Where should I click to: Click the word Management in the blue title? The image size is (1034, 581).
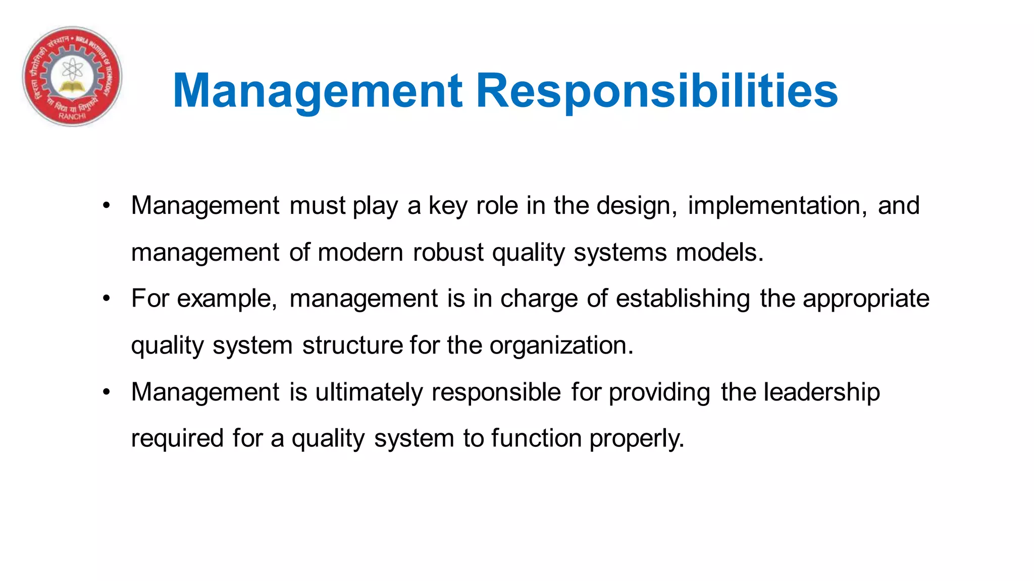tap(317, 91)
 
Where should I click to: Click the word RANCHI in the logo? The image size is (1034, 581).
tap(72, 116)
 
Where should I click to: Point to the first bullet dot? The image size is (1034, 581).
tap(106, 206)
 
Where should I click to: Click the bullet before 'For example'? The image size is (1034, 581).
tap(106, 299)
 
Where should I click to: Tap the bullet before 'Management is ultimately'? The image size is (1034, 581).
tap(106, 392)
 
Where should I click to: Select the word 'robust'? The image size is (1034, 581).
tap(448, 252)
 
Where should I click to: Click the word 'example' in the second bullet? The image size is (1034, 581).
tap(226, 299)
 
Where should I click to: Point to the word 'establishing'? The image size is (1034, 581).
tap(683, 299)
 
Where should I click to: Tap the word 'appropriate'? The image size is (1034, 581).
tap(866, 299)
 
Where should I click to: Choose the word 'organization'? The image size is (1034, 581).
tap(560, 345)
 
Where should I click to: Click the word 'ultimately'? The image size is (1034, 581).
tap(369, 392)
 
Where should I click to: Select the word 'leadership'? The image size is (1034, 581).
tap(821, 392)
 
